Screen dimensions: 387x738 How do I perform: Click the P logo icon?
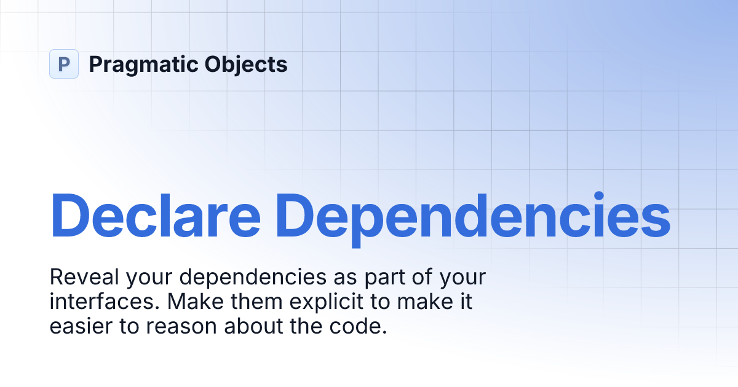[x=64, y=64]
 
